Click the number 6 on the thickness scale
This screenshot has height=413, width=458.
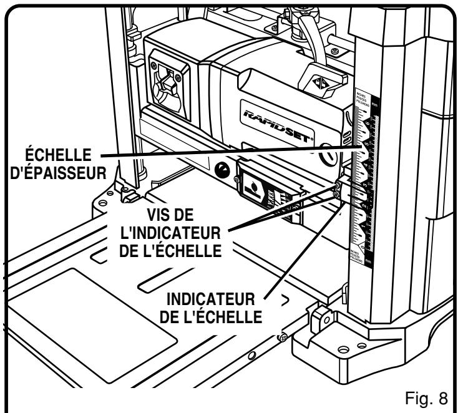(x=364, y=148)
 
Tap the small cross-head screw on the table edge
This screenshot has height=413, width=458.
(x=283, y=337)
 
